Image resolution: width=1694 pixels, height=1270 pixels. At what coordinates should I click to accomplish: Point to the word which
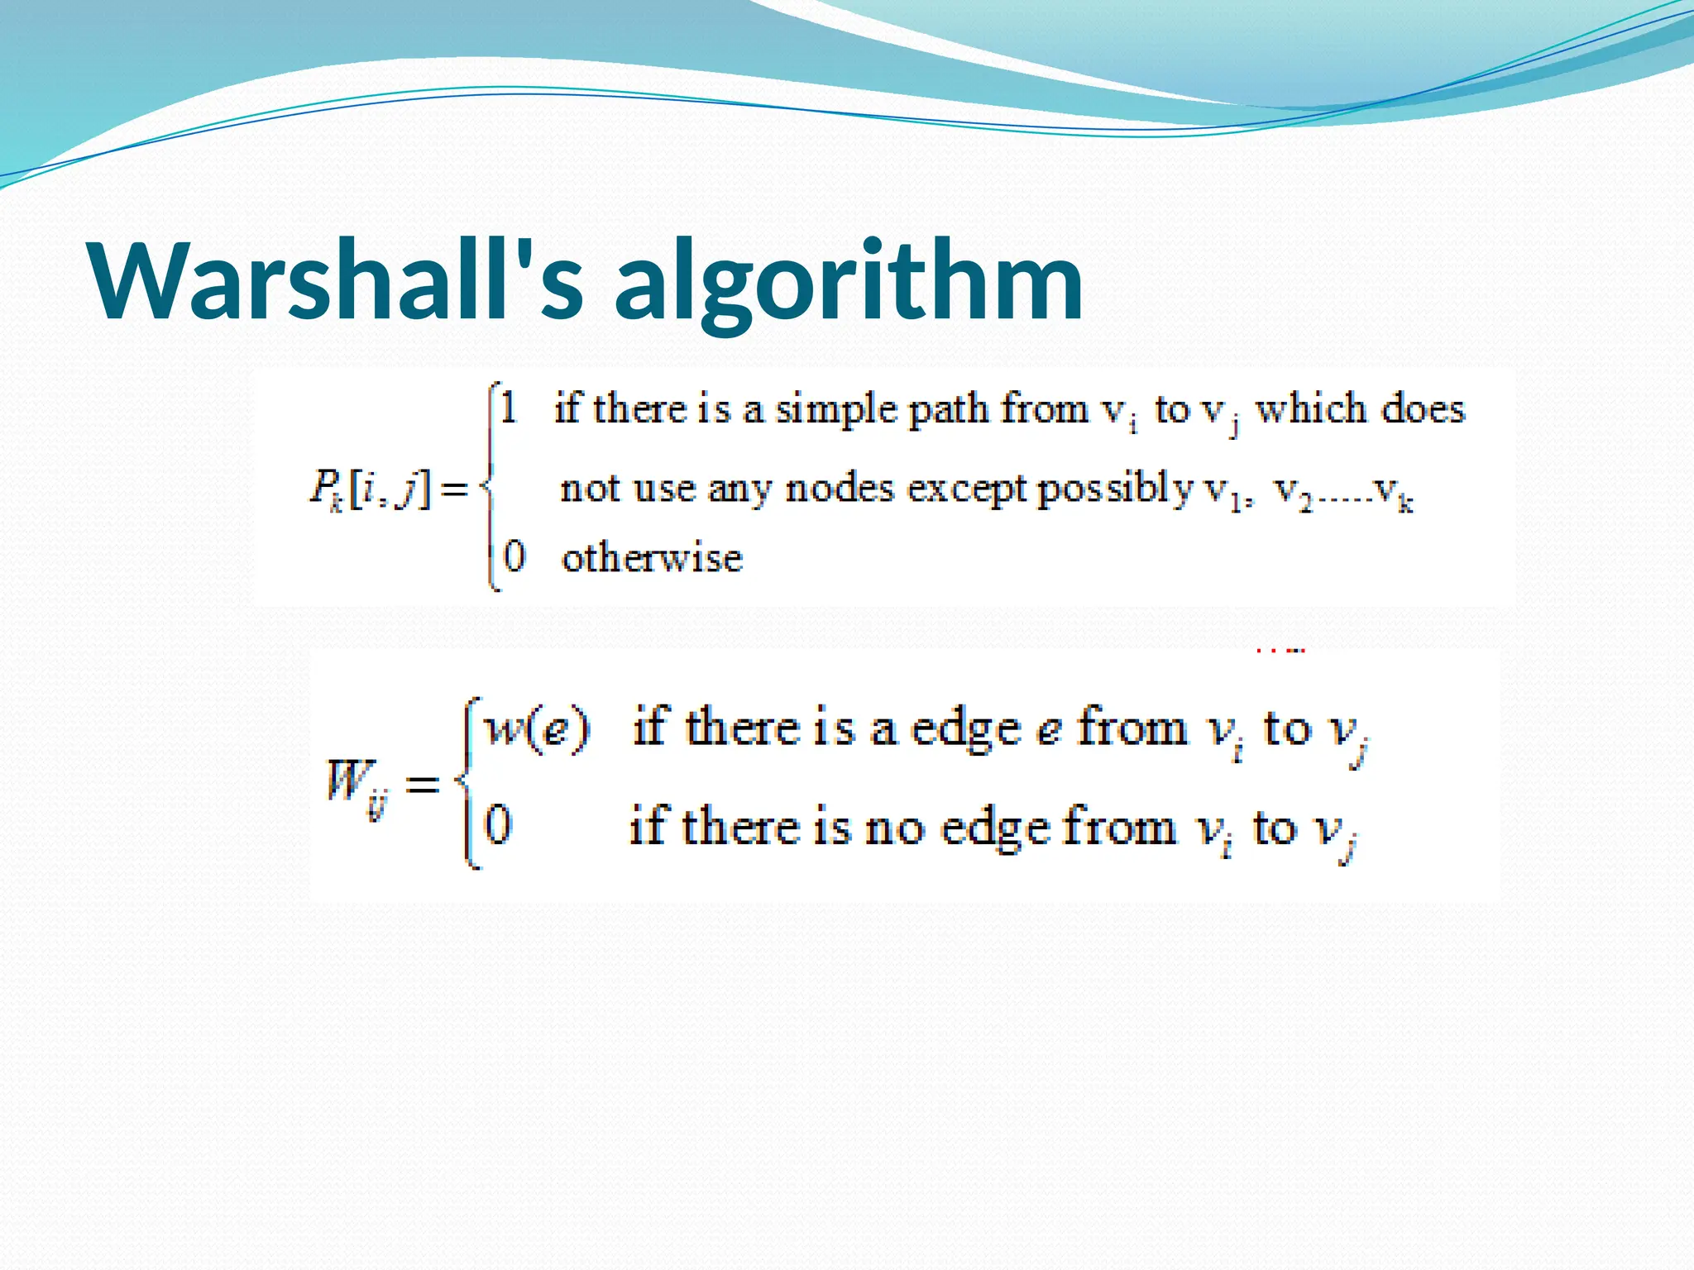pyautogui.click(x=1311, y=409)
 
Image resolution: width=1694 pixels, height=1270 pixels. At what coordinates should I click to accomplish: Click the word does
pyautogui.click(x=1423, y=409)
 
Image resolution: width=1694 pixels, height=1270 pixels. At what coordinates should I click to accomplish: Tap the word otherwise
pyautogui.click(x=652, y=558)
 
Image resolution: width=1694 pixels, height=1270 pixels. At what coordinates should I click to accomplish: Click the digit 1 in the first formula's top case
pyautogui.click(x=509, y=408)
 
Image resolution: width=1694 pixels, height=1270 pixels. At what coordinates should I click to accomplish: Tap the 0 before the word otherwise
pyautogui.click(x=514, y=556)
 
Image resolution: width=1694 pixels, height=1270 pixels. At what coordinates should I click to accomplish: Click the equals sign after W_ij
pyautogui.click(x=422, y=783)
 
